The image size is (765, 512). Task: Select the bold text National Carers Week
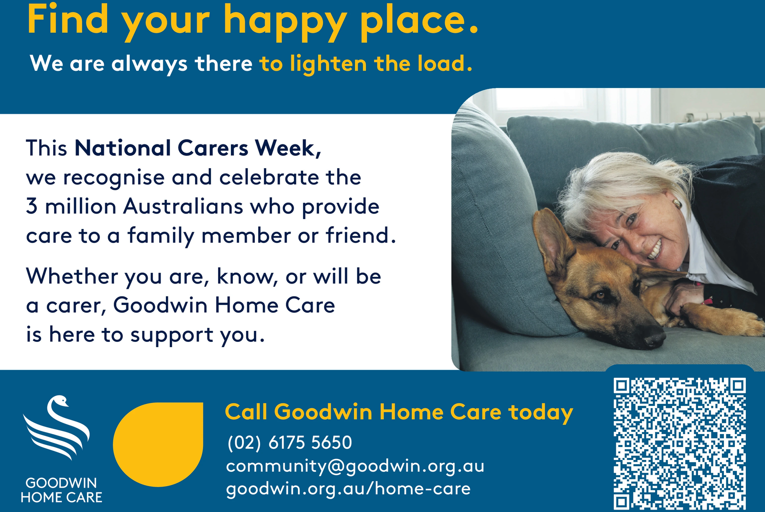[x=197, y=148]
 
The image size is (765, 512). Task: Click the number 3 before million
[x=32, y=207]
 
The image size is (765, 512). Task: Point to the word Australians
[x=184, y=207]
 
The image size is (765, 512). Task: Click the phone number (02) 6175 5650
[x=290, y=443]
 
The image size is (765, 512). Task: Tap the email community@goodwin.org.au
[x=355, y=466]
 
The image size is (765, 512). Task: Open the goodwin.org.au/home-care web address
[x=349, y=489]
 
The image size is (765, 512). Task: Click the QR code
[x=679, y=444]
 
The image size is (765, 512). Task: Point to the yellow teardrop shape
[x=158, y=445]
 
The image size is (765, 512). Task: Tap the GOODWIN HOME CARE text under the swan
[x=62, y=490]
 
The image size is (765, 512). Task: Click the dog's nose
[x=655, y=339]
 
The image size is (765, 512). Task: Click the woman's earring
[x=677, y=204]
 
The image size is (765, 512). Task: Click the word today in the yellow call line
[x=541, y=412]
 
